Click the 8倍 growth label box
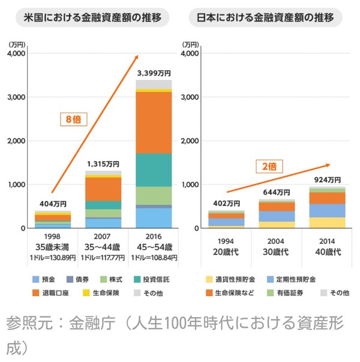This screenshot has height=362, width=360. pyautogui.click(x=74, y=119)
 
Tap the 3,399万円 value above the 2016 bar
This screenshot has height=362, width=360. pyautogui.click(x=154, y=73)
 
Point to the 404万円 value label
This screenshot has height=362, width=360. pyautogui.click(x=52, y=204)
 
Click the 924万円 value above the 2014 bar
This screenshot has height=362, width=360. pyautogui.click(x=328, y=180)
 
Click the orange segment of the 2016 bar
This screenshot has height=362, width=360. pyautogui.click(x=154, y=123)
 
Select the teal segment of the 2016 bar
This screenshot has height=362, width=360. pyautogui.click(x=154, y=170)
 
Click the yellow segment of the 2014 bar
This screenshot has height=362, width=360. pyautogui.click(x=328, y=222)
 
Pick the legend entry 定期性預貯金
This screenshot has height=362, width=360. pyautogui.click(x=295, y=279)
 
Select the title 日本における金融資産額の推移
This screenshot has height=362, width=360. pyautogui.click(x=265, y=18)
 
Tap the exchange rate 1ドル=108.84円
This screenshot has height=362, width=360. pyautogui.click(x=154, y=258)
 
